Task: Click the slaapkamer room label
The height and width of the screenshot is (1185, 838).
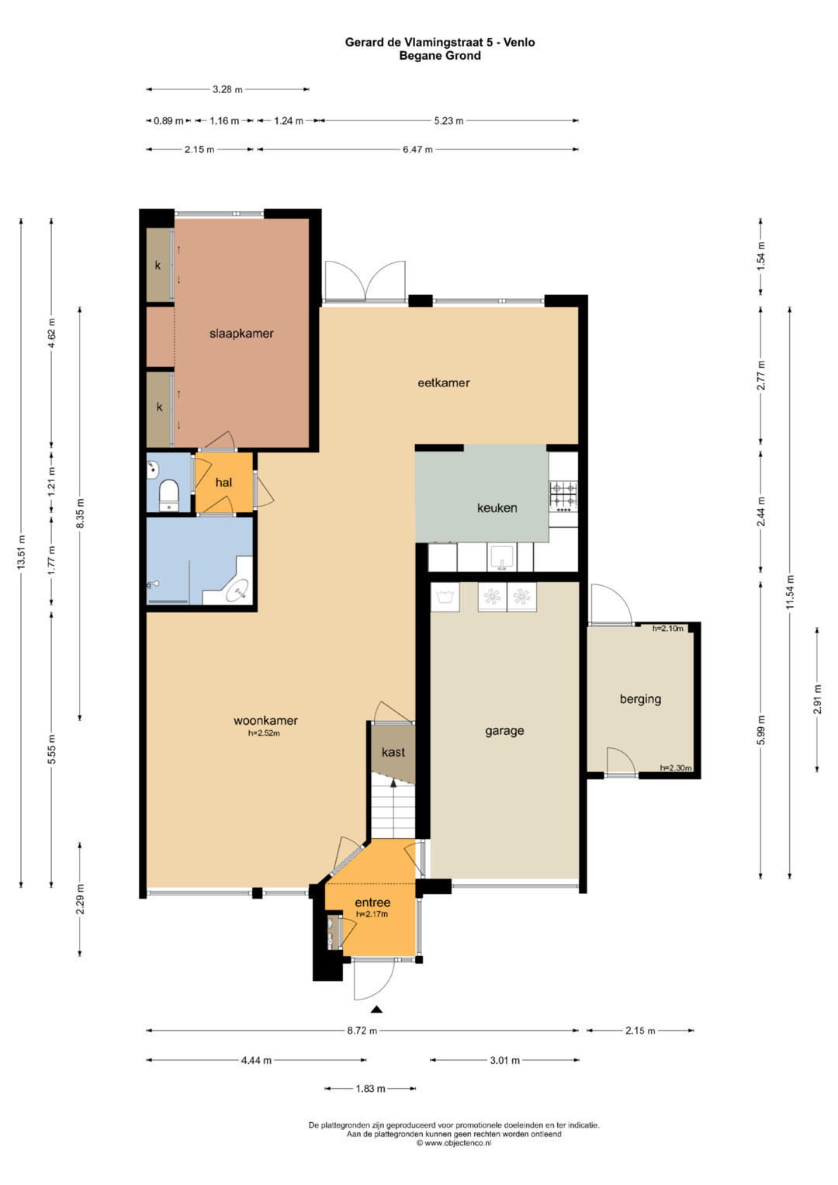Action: click(x=241, y=334)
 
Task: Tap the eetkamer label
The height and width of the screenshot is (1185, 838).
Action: click(x=443, y=383)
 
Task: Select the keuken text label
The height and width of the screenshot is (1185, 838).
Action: click(x=497, y=508)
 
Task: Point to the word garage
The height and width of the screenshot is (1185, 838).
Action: click(x=504, y=731)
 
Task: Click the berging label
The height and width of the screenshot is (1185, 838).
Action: click(x=640, y=699)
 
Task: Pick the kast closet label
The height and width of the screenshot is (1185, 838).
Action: click(x=393, y=752)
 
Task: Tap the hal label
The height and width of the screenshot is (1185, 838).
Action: click(x=223, y=483)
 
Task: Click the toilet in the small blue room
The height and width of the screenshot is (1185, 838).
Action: click(x=169, y=494)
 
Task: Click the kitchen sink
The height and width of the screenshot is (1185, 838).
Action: click(x=501, y=558)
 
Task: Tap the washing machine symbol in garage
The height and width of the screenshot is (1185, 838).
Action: click(x=445, y=598)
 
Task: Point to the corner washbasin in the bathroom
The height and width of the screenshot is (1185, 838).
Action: click(x=238, y=591)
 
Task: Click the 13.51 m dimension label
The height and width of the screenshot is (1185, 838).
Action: click(x=21, y=553)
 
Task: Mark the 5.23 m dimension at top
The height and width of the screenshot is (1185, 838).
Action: click(x=448, y=120)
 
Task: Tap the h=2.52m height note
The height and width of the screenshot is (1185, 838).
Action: click(x=264, y=733)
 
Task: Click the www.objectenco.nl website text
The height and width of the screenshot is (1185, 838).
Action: click(x=454, y=1158)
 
